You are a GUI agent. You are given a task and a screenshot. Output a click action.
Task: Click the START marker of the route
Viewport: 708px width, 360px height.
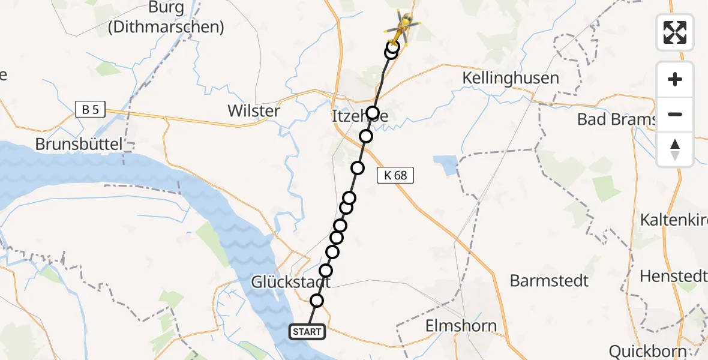(308, 331)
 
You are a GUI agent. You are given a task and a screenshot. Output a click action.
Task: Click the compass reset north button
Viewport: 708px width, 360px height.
(675, 149)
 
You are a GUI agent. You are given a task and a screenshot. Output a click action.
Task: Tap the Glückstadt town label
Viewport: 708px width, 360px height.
(290, 282)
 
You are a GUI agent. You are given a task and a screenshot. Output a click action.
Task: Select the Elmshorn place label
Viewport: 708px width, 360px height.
(460, 326)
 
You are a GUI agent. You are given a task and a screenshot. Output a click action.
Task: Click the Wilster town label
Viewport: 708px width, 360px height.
(253, 111)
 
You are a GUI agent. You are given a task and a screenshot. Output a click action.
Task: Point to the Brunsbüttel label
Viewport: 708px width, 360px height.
(79, 144)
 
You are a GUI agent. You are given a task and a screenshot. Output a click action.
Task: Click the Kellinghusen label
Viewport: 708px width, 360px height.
(511, 78)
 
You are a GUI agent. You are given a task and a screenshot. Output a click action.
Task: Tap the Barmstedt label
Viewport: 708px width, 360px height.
(549, 280)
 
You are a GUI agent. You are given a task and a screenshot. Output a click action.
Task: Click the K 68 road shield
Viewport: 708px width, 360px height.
(395, 175)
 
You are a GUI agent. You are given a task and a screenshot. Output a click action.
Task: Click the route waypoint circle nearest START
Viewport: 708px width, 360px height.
(317, 301)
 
